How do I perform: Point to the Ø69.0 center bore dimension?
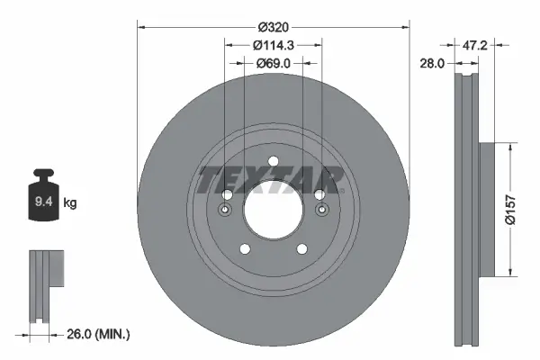pyautogui.click(x=273, y=63)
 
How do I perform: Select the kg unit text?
pyautogui.click(x=69, y=202)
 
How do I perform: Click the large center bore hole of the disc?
pyautogui.click(x=273, y=208)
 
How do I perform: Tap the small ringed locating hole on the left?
pyautogui.click(x=224, y=211)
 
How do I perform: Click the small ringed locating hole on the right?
pyautogui.click(x=321, y=211)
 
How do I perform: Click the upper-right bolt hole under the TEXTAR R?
pyautogui.click(x=318, y=195)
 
